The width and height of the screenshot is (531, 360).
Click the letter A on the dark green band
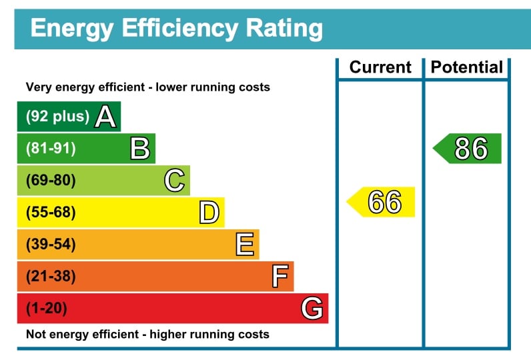pos(105,117)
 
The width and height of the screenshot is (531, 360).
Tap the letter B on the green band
pos(139,148)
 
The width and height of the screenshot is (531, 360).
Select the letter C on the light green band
pos(174,180)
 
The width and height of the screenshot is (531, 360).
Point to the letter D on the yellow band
pos(209,213)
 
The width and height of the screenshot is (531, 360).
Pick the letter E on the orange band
pos(245,245)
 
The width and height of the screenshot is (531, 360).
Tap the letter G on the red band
pos(312,309)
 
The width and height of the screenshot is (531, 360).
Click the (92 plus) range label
pos(57,117)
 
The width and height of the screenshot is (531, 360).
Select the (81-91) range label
pos(51,149)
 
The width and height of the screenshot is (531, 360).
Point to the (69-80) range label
pos(51,181)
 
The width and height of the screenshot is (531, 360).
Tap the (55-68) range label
pos(51,213)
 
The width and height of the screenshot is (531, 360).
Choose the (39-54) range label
pos(51,245)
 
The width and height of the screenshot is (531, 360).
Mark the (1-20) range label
pos(47,309)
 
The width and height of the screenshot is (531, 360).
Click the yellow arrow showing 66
pos(382,202)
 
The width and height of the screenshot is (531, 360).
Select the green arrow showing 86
pos(468,149)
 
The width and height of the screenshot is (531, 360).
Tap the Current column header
pos(380,67)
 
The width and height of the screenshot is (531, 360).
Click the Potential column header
pos(467,67)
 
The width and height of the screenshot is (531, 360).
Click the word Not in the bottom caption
pos(35,334)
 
